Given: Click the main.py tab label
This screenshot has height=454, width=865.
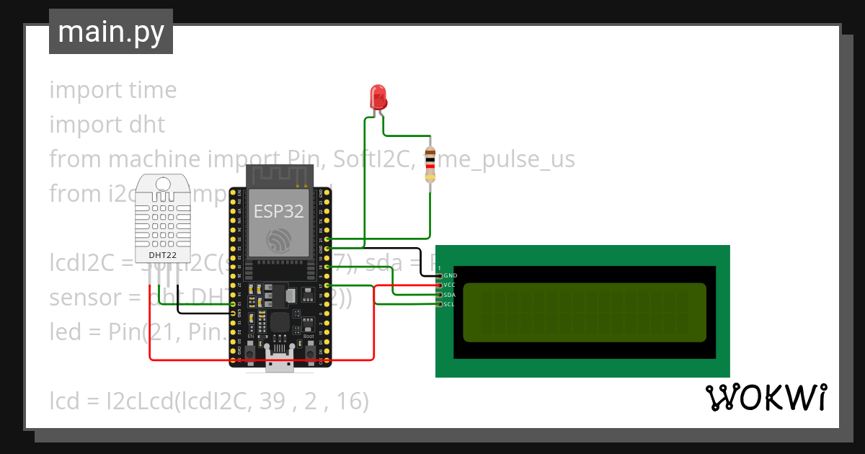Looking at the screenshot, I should (x=111, y=32).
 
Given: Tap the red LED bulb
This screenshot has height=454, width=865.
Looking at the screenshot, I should (x=378, y=97).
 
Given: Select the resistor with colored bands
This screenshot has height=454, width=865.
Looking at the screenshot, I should (x=430, y=164).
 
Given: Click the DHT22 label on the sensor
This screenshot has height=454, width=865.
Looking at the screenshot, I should (x=163, y=255).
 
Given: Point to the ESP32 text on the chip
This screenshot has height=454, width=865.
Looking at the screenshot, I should (x=278, y=210).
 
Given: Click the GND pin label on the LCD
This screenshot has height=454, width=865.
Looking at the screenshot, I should (x=451, y=275).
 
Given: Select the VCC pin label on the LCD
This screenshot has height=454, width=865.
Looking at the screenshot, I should (x=451, y=285).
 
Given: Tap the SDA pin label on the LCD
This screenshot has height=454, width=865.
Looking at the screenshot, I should (x=451, y=295).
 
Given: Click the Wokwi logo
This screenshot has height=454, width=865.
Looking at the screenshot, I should (x=766, y=398).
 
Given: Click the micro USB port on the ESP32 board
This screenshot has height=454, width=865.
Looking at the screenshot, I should (x=279, y=365).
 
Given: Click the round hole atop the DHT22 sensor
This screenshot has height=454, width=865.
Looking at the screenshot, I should (x=163, y=184).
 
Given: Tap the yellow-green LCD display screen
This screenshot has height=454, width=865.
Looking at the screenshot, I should (x=584, y=312).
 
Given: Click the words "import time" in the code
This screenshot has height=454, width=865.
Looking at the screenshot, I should (x=113, y=90).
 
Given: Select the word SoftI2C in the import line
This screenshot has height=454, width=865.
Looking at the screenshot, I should (x=367, y=159).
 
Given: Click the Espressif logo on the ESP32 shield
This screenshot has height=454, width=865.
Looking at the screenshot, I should (x=278, y=240).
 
